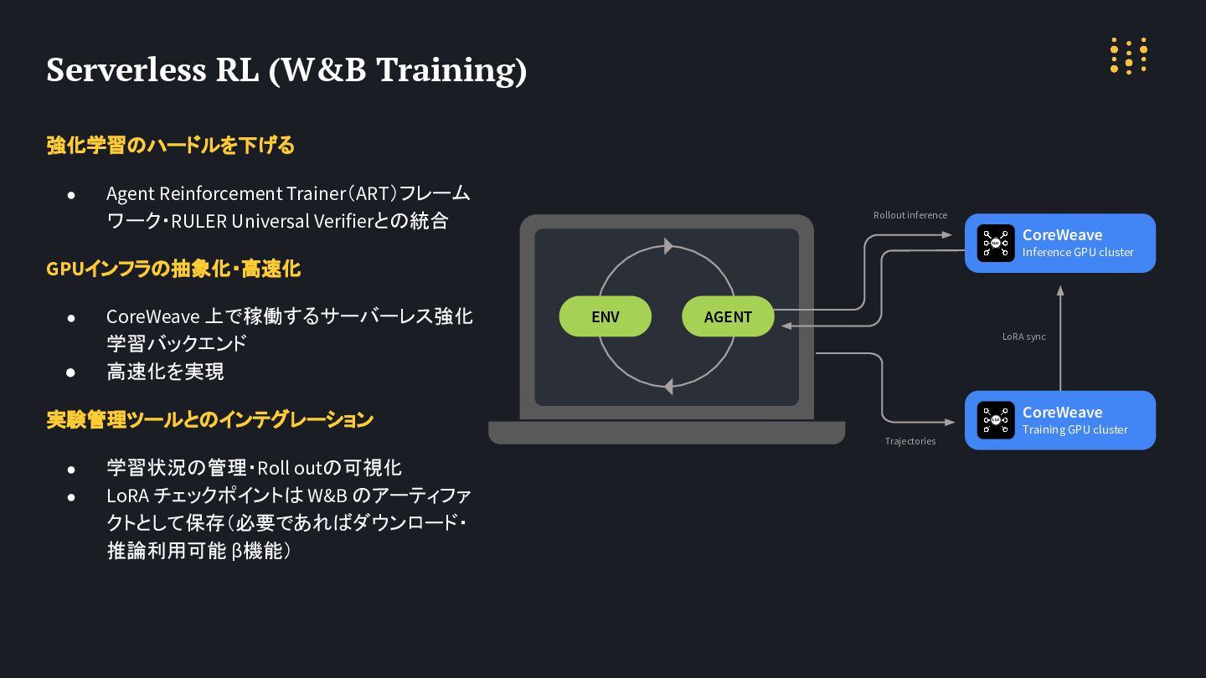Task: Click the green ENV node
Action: [x=605, y=316]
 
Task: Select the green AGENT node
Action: [x=728, y=316]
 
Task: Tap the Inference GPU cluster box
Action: [x=1060, y=243]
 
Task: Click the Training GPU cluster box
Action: [x=1060, y=420]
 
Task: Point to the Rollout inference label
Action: [x=910, y=215]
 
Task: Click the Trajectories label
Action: [x=910, y=441]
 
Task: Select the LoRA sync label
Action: [x=1023, y=336]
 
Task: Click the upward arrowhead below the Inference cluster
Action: [x=1060, y=290]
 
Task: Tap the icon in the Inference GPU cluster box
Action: [x=996, y=243]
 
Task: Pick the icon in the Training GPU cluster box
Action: [x=996, y=420]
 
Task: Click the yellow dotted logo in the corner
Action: [x=1128, y=56]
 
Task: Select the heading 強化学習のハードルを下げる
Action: [x=171, y=146]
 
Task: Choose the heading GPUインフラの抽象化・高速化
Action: [x=173, y=269]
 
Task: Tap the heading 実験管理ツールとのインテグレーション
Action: [x=209, y=419]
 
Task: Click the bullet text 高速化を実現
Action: [x=165, y=371]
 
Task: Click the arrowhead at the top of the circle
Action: [x=668, y=246]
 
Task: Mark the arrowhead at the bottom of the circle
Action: [x=667, y=387]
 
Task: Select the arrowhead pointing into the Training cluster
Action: [x=951, y=420]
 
